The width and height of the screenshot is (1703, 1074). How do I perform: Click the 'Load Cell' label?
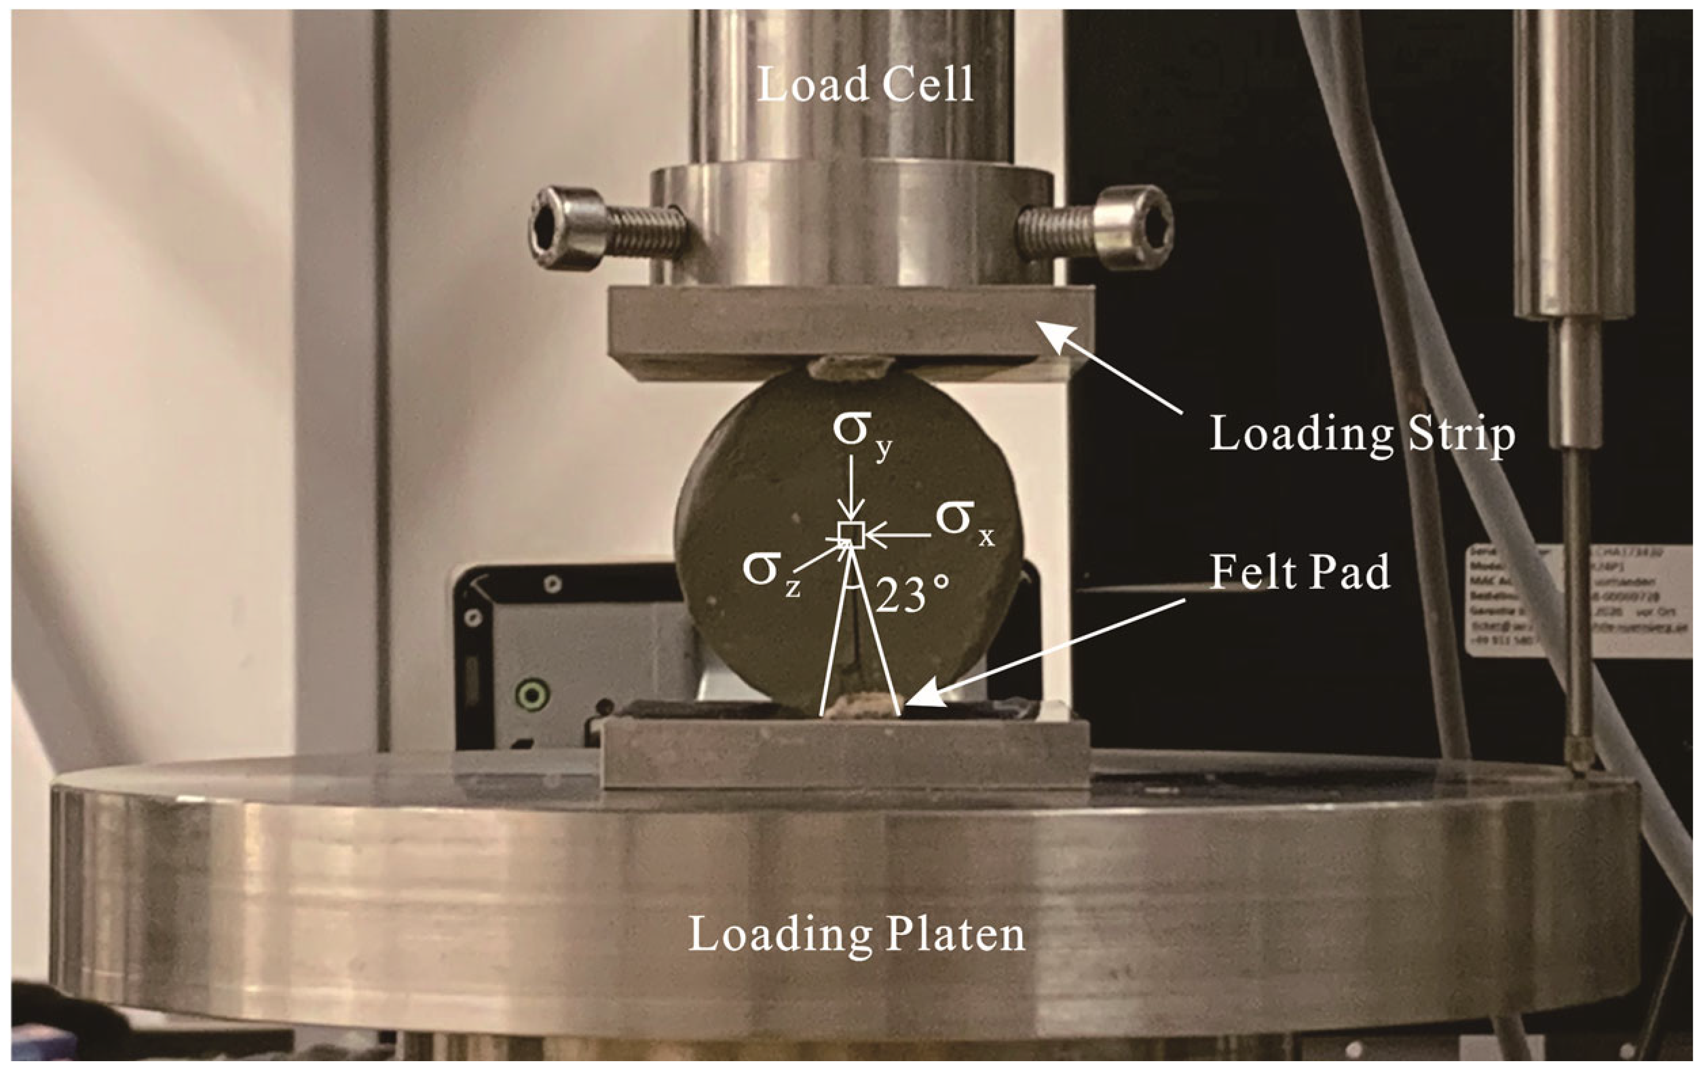coord(865,85)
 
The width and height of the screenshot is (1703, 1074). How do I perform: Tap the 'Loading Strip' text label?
coord(1362,434)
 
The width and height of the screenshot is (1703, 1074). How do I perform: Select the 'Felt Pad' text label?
coord(1300,571)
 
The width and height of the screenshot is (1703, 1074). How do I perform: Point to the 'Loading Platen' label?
coord(857,934)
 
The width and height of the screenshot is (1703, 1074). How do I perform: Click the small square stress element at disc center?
coord(851,535)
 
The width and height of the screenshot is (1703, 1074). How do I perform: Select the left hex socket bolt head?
coord(567,228)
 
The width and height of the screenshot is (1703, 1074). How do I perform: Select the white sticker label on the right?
coord(1577,601)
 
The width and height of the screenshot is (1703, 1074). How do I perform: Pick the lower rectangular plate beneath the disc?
coord(845,753)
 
